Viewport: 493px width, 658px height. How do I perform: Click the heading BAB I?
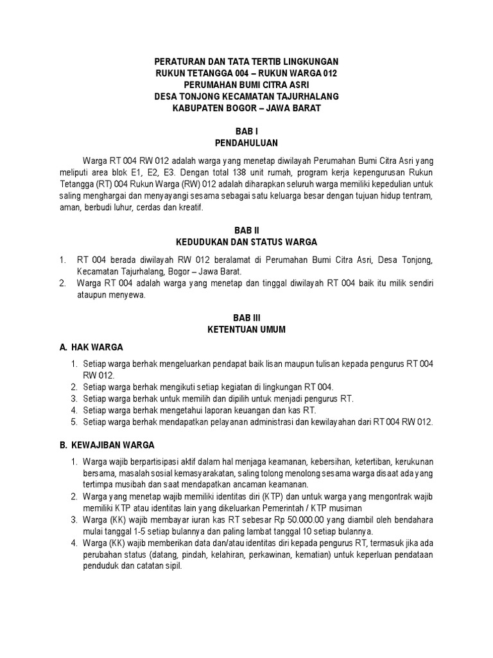pyautogui.click(x=247, y=130)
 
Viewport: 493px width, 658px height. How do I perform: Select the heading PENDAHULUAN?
pyautogui.click(x=247, y=142)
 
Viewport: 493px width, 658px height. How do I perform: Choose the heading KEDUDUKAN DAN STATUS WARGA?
pyautogui.click(x=247, y=242)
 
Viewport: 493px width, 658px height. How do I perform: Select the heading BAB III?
pyautogui.click(x=247, y=317)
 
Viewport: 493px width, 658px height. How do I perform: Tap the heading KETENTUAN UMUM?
pyautogui.click(x=247, y=329)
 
